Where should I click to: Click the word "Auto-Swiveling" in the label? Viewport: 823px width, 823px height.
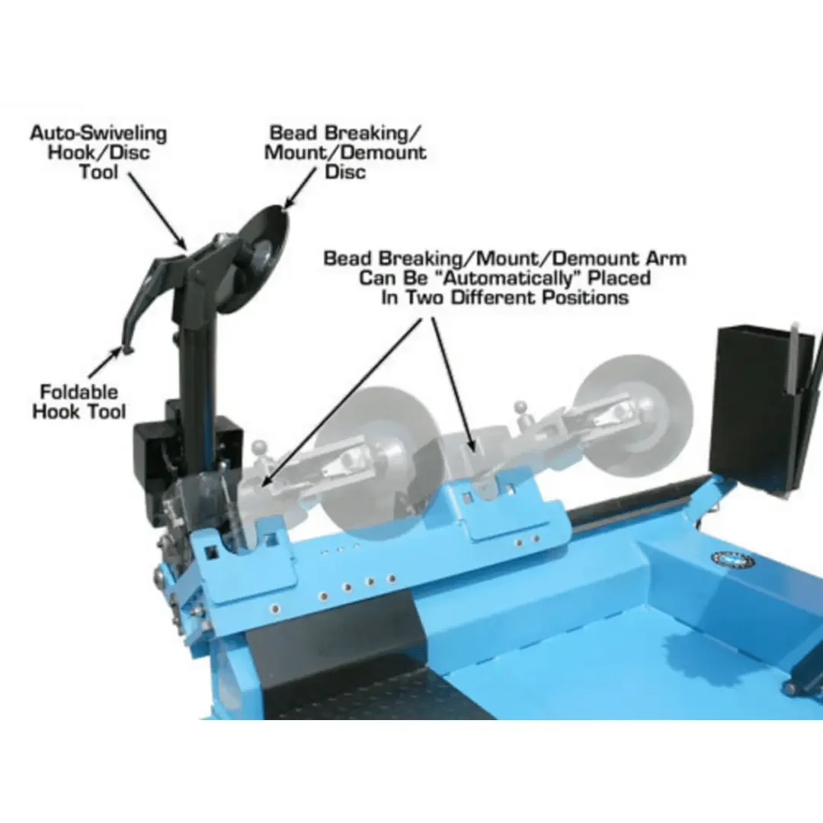coord(98,133)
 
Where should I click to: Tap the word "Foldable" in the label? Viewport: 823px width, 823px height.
coord(79,392)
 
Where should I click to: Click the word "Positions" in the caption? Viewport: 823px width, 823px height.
coord(585,298)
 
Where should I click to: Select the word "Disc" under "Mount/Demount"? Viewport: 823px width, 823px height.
coord(345,172)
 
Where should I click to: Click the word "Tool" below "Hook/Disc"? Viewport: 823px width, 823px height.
coord(99,172)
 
